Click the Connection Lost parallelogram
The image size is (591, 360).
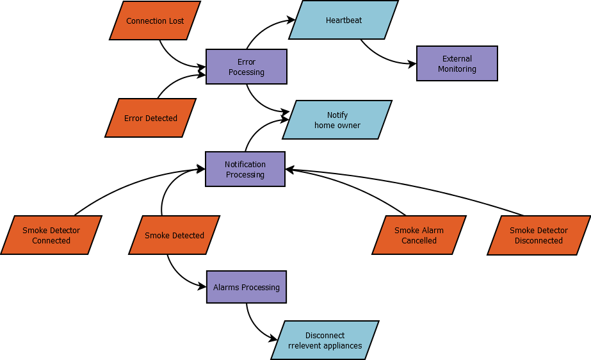(x=155, y=20)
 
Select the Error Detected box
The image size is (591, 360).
(x=150, y=118)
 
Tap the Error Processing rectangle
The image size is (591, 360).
(x=247, y=67)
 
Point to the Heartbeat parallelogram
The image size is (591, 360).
(x=343, y=20)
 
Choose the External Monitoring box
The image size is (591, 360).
(x=457, y=63)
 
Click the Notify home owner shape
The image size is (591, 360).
(x=337, y=120)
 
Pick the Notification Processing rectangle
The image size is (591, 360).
(x=245, y=169)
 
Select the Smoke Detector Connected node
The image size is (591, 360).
(x=51, y=235)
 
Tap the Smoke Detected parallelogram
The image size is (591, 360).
(x=174, y=235)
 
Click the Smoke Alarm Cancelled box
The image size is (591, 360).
(x=419, y=235)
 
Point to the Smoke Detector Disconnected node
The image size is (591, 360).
(x=538, y=235)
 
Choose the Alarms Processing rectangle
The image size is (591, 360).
(x=247, y=287)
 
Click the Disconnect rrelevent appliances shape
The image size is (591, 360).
(x=325, y=340)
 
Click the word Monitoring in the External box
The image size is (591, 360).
(x=457, y=69)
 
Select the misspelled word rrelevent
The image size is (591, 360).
(x=304, y=346)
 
